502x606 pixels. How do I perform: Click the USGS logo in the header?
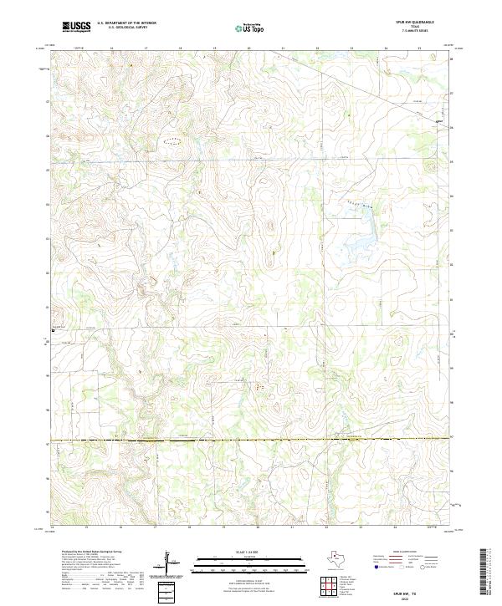pos(76,28)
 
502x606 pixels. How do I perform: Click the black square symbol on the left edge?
pos(54,331)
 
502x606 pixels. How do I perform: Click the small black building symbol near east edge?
pos(438,123)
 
